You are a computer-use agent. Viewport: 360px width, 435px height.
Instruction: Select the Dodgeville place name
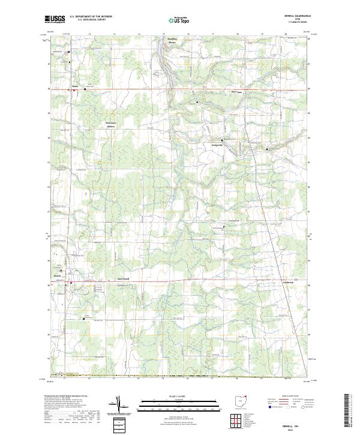[x=217, y=145]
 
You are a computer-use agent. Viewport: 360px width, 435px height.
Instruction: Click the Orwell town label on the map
[x=57, y=275]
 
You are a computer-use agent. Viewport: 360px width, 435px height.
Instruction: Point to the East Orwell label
[x=123, y=278]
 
